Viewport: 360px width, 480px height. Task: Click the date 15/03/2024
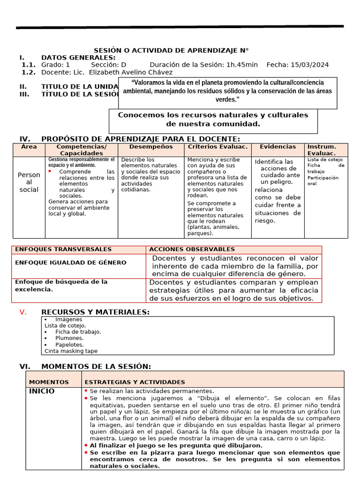[309, 65]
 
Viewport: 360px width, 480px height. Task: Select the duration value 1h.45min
[242, 65]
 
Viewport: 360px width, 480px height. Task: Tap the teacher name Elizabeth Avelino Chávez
[130, 72]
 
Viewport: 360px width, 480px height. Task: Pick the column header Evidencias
[278, 147]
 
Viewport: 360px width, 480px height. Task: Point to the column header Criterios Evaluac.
[217, 147]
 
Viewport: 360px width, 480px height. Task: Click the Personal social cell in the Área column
[29, 182]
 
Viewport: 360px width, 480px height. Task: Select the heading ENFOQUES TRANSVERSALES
[63, 249]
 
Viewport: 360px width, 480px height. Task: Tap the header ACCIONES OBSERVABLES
[192, 249]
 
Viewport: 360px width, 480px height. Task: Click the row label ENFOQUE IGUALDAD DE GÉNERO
[70, 262]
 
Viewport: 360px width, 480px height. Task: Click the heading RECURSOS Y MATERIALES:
[96, 312]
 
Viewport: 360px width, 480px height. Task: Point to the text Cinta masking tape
[71, 351]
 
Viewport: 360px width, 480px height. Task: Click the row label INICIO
[42, 391]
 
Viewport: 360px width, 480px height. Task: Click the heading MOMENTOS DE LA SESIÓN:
[96, 366]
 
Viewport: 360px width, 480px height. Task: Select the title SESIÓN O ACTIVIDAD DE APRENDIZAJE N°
[171, 50]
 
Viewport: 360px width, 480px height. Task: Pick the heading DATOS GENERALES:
[78, 57]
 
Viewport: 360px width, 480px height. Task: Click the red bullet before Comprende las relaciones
[50, 172]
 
